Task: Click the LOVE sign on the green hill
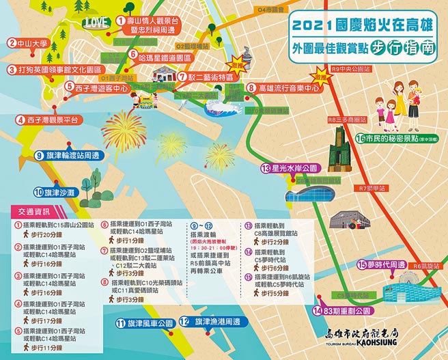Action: (x=98, y=21)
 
